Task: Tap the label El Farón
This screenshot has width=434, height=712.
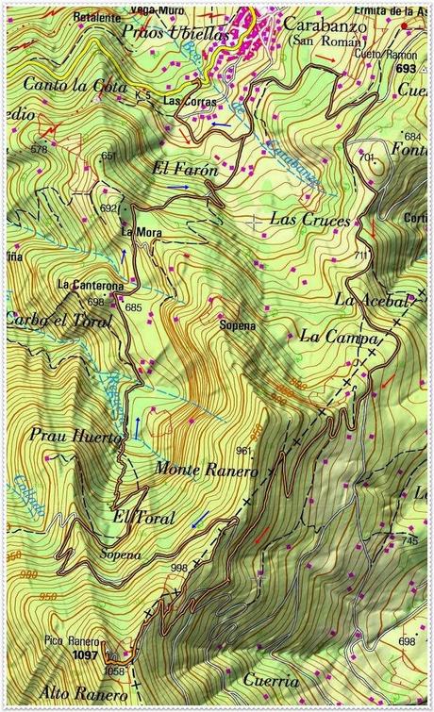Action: (x=184, y=171)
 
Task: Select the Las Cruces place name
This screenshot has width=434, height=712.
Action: (x=309, y=219)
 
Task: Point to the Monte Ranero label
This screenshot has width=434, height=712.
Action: (x=207, y=469)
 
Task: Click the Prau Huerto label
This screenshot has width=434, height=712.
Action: (x=75, y=438)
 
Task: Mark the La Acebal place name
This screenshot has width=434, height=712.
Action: (x=372, y=301)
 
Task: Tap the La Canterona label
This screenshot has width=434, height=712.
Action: (x=91, y=284)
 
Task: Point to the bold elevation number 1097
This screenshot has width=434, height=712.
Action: (x=85, y=654)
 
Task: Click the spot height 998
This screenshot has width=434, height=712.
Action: (x=178, y=567)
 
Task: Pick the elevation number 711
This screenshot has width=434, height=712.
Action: (x=362, y=256)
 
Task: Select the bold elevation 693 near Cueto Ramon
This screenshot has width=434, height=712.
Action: (x=406, y=70)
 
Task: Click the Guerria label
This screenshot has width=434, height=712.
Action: (x=270, y=680)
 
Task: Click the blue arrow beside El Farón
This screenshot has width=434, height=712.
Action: (x=181, y=188)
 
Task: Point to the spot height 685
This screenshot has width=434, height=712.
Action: (x=132, y=307)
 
